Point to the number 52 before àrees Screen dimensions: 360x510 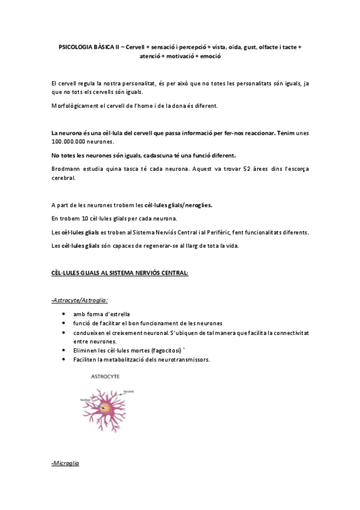click(x=237, y=170)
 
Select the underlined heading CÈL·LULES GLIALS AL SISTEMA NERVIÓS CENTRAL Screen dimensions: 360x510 click(x=120, y=273)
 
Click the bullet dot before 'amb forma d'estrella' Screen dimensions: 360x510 click(x=64, y=314)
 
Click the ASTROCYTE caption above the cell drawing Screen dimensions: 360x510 click(x=105, y=376)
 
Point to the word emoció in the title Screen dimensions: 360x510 click(x=210, y=55)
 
